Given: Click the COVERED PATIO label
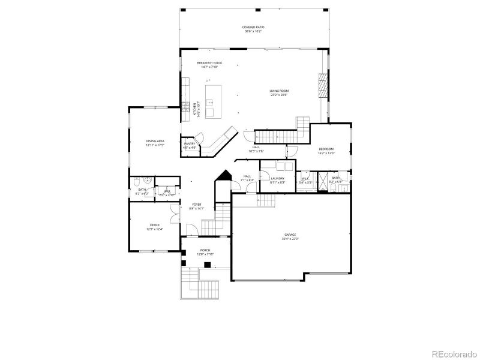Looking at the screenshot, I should click(x=253, y=27).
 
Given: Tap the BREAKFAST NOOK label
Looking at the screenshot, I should click(x=209, y=63).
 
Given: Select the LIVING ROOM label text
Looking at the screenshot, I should click(x=280, y=91).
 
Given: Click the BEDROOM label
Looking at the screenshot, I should click(x=326, y=149).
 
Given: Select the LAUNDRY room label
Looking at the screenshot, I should click(x=277, y=178).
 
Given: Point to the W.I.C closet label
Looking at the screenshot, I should click(x=305, y=178).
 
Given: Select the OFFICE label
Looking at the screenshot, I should click(x=155, y=225).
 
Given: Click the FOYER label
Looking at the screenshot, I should click(x=197, y=205).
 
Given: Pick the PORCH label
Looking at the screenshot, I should click(x=205, y=251).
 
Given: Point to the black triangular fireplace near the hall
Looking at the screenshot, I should click(x=224, y=178).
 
